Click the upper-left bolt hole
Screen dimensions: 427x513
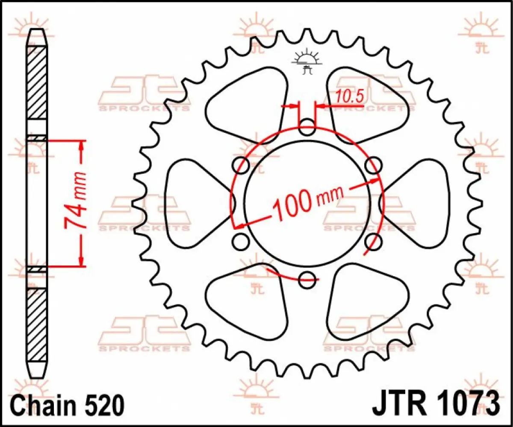(241, 165)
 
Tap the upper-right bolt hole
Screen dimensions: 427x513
(373, 164)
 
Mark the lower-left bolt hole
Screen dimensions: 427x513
(241, 241)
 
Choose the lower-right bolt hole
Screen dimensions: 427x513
(373, 241)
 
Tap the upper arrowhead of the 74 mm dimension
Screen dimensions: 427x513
(82, 147)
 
